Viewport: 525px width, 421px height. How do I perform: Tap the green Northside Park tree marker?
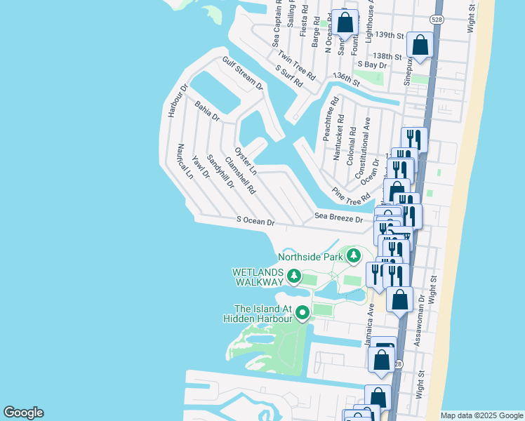[x=354, y=255]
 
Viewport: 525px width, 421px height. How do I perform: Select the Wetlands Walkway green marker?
[x=295, y=276]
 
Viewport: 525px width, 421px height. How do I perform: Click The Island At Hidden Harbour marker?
[x=303, y=313]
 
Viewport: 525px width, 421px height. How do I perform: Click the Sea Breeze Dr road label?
[x=338, y=218]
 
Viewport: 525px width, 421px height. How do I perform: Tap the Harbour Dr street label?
[x=175, y=100]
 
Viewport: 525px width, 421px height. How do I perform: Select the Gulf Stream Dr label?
[x=242, y=74]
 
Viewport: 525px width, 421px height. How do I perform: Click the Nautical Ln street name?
[x=185, y=161]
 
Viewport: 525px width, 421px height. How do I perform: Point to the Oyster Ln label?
[x=246, y=161]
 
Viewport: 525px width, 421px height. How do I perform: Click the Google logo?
[x=23, y=413]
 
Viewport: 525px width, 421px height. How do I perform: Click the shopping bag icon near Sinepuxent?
[x=420, y=46]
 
